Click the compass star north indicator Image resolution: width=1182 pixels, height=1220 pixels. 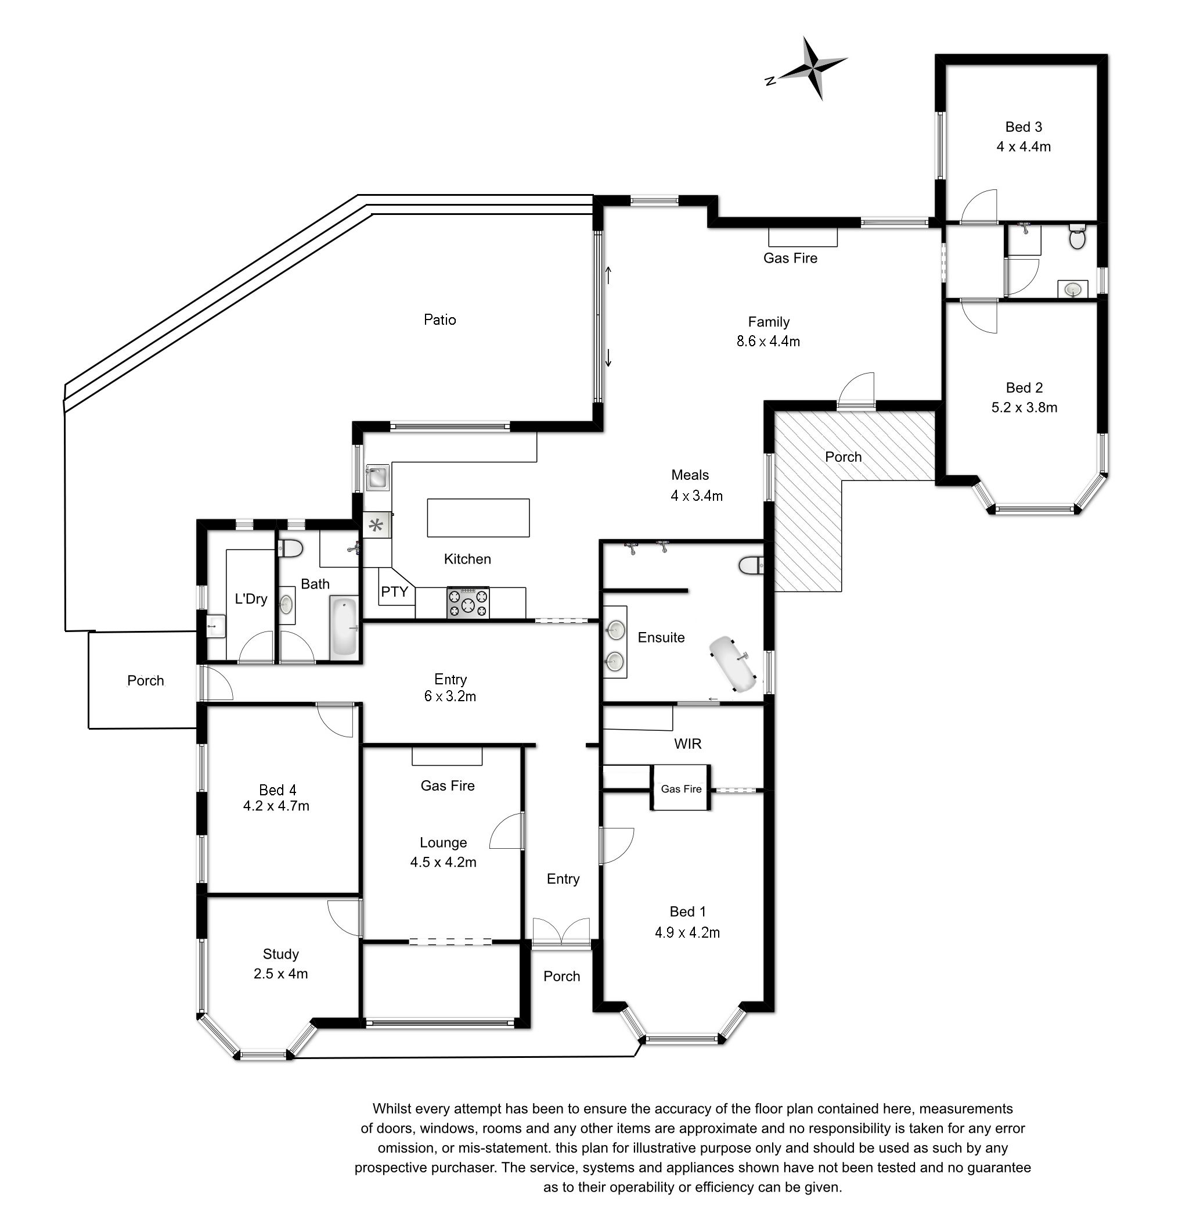[809, 69]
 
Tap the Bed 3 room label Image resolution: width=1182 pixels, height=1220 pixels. [1024, 127]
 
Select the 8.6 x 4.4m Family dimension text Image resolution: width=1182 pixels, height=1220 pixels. [768, 341]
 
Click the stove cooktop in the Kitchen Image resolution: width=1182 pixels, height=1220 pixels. [468, 602]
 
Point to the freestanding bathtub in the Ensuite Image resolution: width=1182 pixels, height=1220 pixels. [734, 663]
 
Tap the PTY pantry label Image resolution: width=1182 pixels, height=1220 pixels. [394, 591]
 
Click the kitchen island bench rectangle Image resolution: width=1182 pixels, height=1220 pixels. [478, 517]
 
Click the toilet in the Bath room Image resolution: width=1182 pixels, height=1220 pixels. [290, 548]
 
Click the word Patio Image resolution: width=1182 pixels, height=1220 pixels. [440, 320]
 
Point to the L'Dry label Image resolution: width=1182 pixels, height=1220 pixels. [251, 599]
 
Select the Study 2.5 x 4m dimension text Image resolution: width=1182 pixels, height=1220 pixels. [280, 974]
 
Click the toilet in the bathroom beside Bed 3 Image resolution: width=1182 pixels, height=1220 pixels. [1077, 237]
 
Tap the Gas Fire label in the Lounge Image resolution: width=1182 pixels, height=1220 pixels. [447, 785]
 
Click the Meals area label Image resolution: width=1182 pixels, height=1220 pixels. [690, 475]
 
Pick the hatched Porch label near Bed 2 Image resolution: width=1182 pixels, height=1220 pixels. [843, 457]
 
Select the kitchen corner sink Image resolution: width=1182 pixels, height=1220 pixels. [377, 478]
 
